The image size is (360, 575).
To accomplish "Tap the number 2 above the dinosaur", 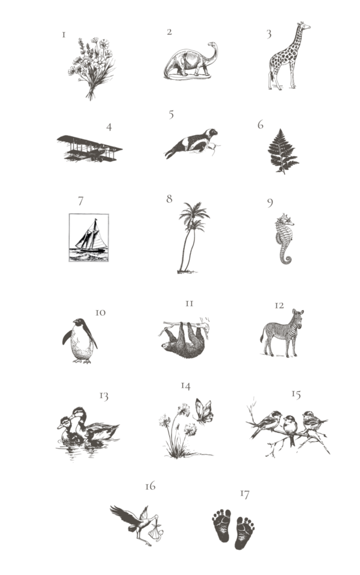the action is pyautogui.click(x=169, y=32).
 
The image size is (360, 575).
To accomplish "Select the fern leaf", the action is pyautogui.click(x=283, y=151).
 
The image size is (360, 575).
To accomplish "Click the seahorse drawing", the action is pyautogui.click(x=285, y=238).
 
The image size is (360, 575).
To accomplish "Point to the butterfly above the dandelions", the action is pyautogui.click(x=204, y=411).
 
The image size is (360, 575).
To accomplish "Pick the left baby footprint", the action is pyautogui.click(x=222, y=525).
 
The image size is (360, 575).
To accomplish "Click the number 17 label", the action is pyautogui.click(x=245, y=495).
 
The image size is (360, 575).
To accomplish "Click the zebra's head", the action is pyautogui.click(x=298, y=317).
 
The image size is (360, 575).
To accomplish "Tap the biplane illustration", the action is pyautogui.click(x=89, y=148).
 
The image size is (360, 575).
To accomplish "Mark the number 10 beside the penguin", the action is pyautogui.click(x=100, y=313).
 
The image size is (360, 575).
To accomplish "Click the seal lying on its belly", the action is pyautogui.click(x=191, y=143).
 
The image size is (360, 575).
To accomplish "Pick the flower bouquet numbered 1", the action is pyautogui.click(x=91, y=68).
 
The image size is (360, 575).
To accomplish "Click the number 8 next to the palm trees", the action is pyautogui.click(x=169, y=199).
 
